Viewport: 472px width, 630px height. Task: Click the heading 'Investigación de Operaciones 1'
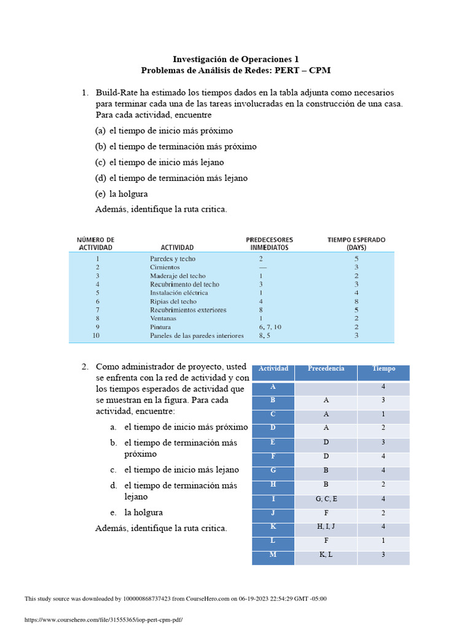[x=235, y=59]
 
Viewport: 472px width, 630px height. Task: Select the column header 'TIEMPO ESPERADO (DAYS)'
[x=356, y=243]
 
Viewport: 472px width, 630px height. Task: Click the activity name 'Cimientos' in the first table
[x=165, y=268]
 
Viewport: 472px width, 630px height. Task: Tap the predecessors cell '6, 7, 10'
[x=269, y=327]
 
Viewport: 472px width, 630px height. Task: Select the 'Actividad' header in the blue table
[x=273, y=369]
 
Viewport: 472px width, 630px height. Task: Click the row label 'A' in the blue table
[x=273, y=386]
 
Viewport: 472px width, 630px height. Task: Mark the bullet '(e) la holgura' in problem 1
[x=121, y=194]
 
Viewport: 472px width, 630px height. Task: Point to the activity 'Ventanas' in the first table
[x=163, y=319]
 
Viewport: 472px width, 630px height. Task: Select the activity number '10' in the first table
[x=95, y=336]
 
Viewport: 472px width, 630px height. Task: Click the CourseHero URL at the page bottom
[x=103, y=620]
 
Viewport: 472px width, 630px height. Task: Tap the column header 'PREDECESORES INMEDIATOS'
[x=269, y=243]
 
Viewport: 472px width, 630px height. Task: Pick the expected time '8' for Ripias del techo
[x=356, y=301]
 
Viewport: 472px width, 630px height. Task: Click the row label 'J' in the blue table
[x=273, y=513]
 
